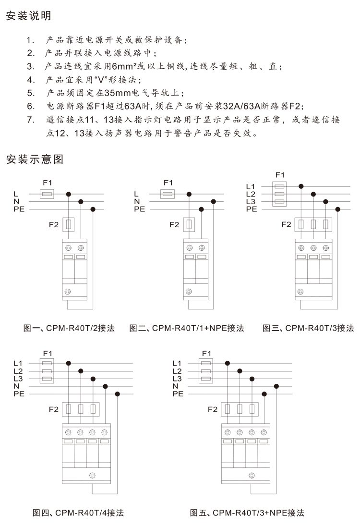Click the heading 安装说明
pyautogui.click(x=28, y=16)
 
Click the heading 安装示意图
pyautogui.click(x=35, y=159)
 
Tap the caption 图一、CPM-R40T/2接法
pyautogui.click(x=69, y=328)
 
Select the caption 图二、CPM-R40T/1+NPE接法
pyautogui.click(x=187, y=328)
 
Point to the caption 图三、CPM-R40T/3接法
pyautogui.click(x=308, y=328)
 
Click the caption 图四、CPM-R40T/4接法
pyautogui.click(x=78, y=513)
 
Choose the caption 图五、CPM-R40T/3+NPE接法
pyautogui.click(x=247, y=513)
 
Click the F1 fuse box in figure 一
pyautogui.click(x=47, y=194)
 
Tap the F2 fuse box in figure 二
pyautogui.click(x=189, y=224)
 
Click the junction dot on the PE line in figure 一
pyautogui.click(x=93, y=209)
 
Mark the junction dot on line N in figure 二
pyautogui.click(x=213, y=202)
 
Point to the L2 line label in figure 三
pyautogui.click(x=251, y=194)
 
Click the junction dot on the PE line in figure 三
pyautogui.click(x=338, y=209)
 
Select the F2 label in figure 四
pyautogui.click(x=54, y=409)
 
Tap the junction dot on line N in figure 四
pyautogui.click(x=105, y=387)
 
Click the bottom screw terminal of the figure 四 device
pyautogui.click(x=92, y=475)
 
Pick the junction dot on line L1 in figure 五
pyautogui.click(x=228, y=363)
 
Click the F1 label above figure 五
pyautogui.click(x=206, y=353)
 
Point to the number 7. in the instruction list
pyautogui.click(x=31, y=120)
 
